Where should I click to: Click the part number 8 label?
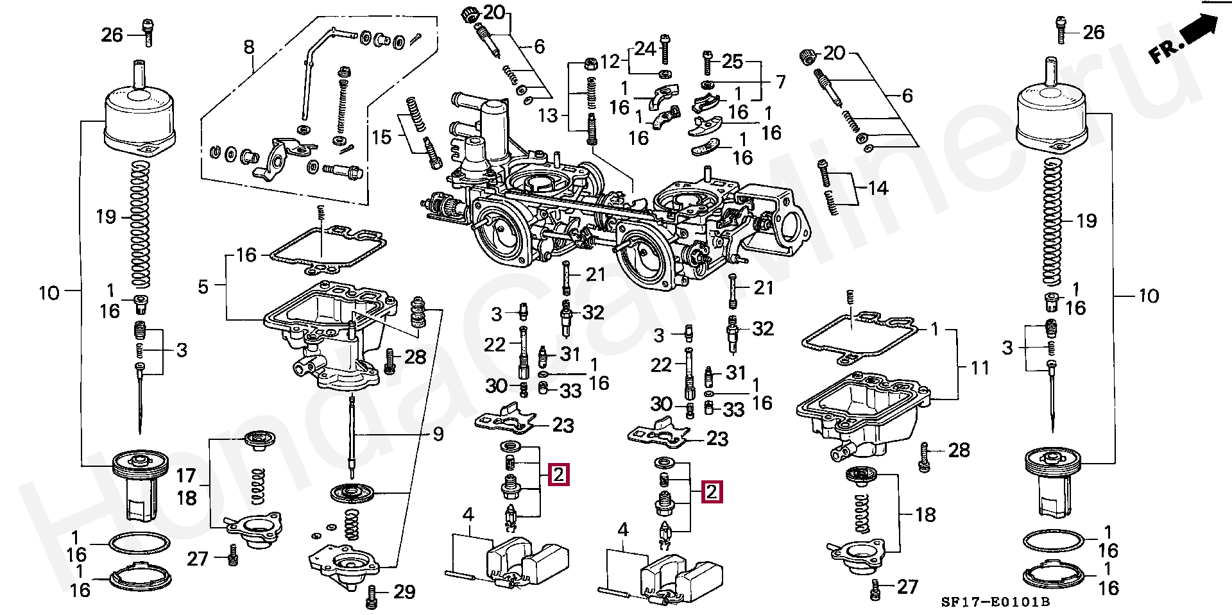click(249, 47)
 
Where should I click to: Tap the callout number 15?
click(382, 137)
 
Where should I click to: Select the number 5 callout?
click(203, 286)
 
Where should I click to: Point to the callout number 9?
click(438, 434)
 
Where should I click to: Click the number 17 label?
click(186, 475)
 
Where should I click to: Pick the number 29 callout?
click(404, 591)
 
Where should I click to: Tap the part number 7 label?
click(781, 82)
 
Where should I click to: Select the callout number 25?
click(732, 62)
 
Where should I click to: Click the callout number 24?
click(646, 49)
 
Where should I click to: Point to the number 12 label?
click(610, 62)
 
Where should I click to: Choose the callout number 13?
click(548, 115)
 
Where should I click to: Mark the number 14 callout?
click(878, 188)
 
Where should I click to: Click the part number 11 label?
click(980, 367)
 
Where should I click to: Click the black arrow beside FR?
click(1198, 30)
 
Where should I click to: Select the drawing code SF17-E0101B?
click(995, 602)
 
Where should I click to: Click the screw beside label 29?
click(372, 596)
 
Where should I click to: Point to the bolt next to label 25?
click(707, 62)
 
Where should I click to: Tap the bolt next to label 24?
click(665, 47)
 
